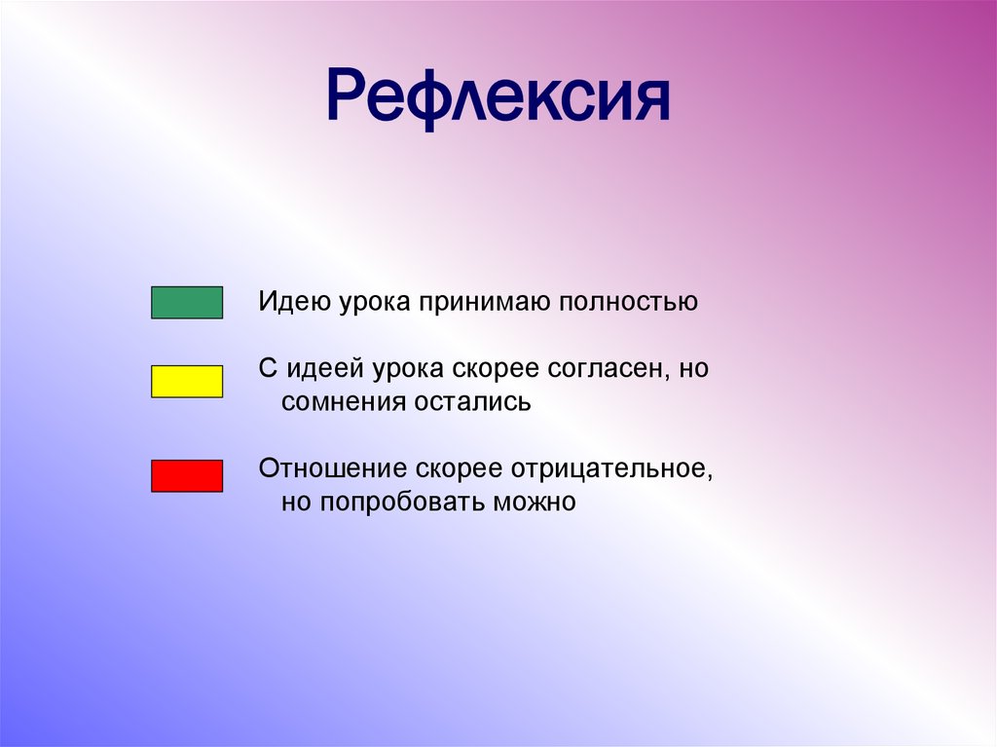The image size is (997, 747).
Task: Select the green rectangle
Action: pos(187,303)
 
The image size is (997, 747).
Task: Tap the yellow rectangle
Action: pos(187,382)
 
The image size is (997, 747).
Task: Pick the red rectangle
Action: pos(187,475)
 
